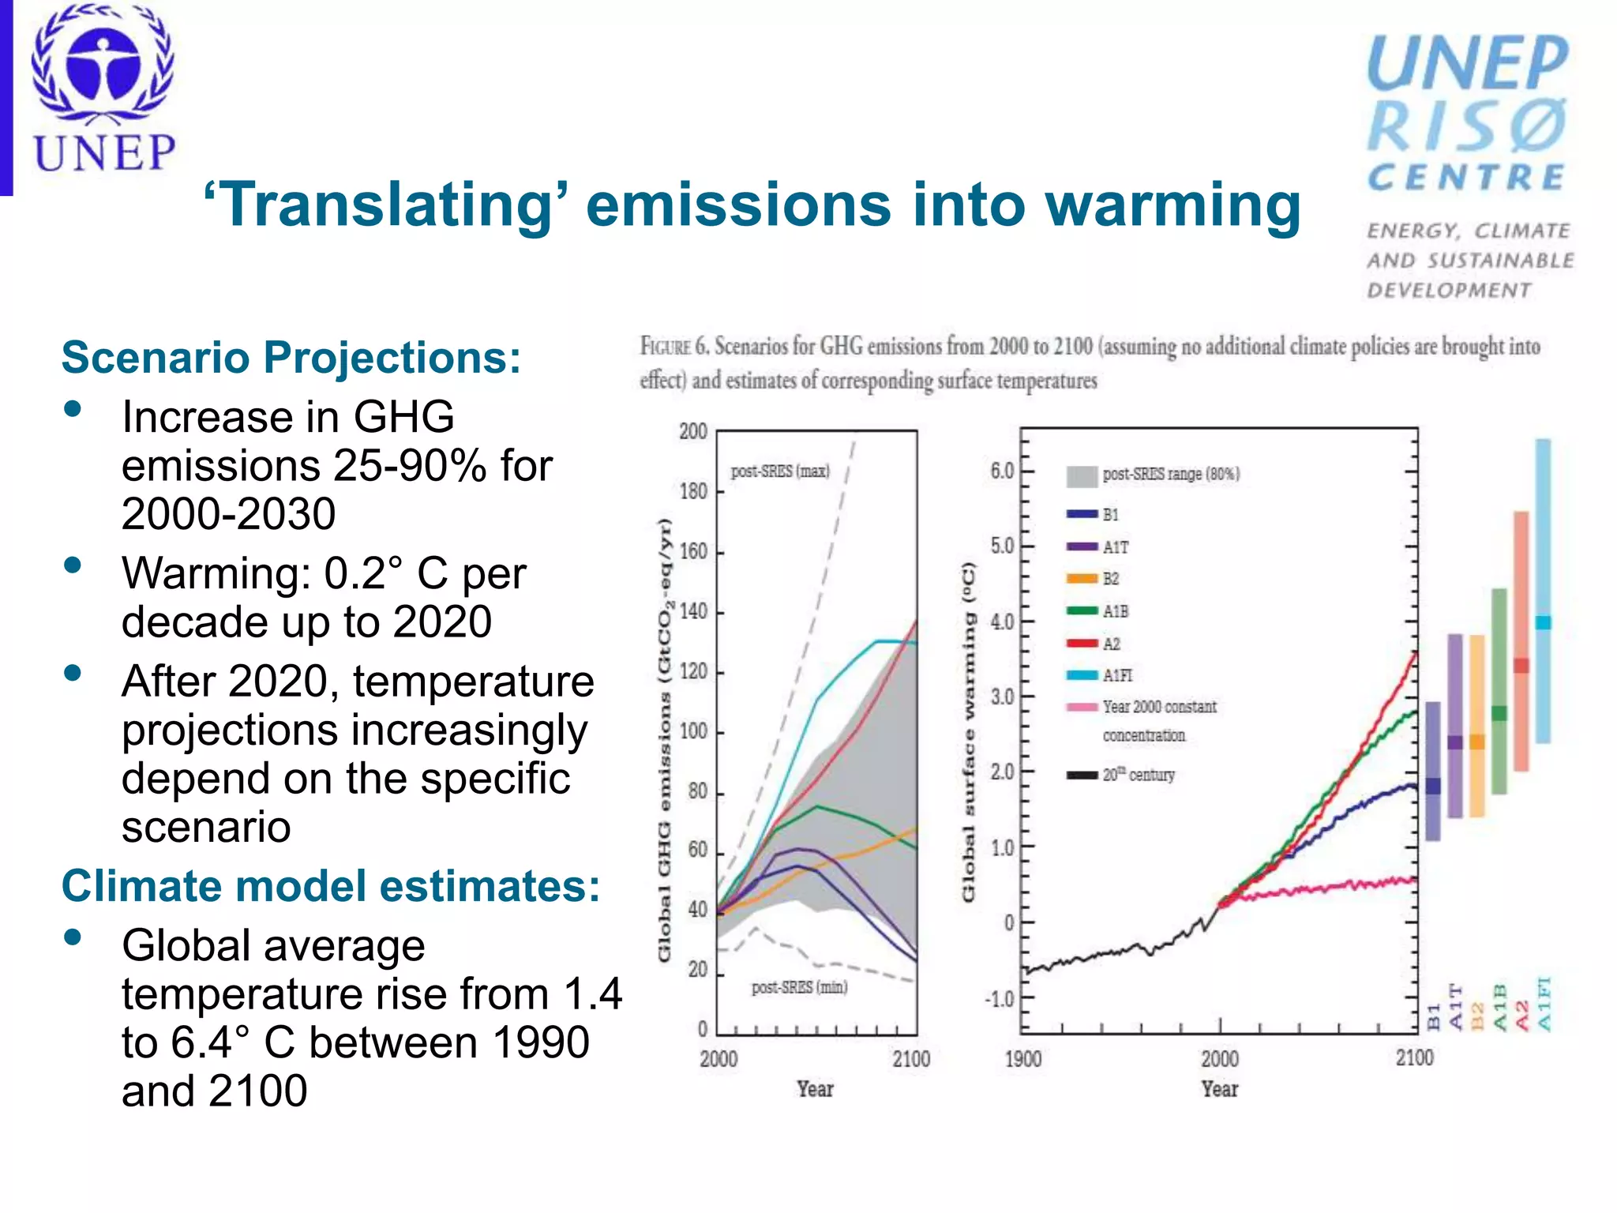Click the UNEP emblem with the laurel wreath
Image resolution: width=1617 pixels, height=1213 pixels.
[x=103, y=67]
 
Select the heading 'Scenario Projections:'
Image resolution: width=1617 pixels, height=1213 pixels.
[x=291, y=357]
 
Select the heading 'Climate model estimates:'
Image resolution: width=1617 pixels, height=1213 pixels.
[x=331, y=885]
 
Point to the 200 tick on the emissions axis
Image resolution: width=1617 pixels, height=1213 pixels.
[x=693, y=431]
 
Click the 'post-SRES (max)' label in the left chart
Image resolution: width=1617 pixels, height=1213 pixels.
[x=780, y=471]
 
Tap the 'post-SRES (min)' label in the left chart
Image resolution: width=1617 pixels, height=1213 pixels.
[x=799, y=987]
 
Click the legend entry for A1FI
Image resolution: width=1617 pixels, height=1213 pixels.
[x=1116, y=675]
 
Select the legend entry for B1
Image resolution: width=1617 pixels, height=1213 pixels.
[x=1110, y=514]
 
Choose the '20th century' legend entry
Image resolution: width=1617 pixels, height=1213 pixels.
[x=1138, y=775]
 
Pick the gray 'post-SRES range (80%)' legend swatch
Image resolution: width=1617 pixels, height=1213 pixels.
[x=1081, y=475]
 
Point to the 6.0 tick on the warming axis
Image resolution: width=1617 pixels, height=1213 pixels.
[x=1002, y=471]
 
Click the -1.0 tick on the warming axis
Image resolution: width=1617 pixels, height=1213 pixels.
[x=999, y=999]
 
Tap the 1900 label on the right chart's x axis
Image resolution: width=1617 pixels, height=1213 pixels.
[x=1022, y=1059]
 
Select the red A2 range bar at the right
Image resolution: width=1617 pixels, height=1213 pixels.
[x=1521, y=640]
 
